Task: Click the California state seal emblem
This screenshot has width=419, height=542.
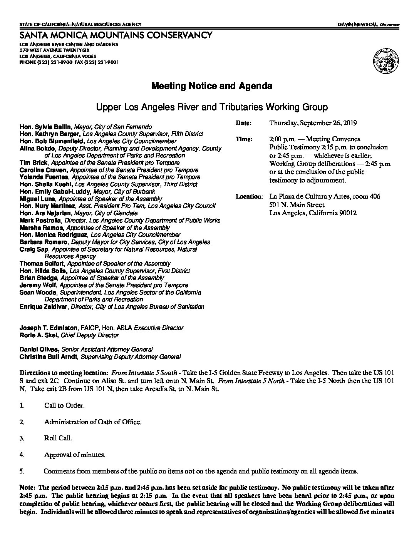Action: [385, 60]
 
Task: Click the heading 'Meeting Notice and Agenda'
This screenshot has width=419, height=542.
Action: [211, 86]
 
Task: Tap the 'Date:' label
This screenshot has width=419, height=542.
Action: [243, 123]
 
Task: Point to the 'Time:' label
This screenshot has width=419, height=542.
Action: [244, 139]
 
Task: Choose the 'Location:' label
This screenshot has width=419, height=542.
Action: [249, 197]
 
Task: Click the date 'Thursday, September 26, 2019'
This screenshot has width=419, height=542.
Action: [313, 123]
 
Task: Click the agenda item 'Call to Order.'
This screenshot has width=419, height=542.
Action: [64, 406]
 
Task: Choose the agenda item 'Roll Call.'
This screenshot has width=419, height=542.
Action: [58, 438]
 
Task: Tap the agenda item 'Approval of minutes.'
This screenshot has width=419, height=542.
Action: [75, 455]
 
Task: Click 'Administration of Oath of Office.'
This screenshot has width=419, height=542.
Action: [93, 422]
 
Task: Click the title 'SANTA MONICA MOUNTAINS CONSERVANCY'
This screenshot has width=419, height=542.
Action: [116, 35]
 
